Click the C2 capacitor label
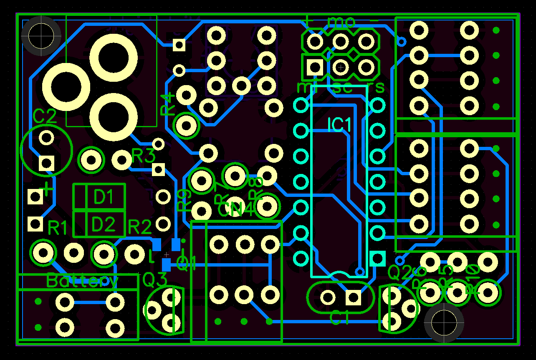[45, 117]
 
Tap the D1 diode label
[104, 197]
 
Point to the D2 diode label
[103, 225]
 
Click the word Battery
[82, 281]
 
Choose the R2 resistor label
[140, 227]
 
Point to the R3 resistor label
[143, 157]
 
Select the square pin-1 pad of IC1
[378, 259]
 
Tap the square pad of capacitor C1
[354, 297]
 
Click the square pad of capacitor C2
[46, 163]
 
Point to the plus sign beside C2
[48, 189]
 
